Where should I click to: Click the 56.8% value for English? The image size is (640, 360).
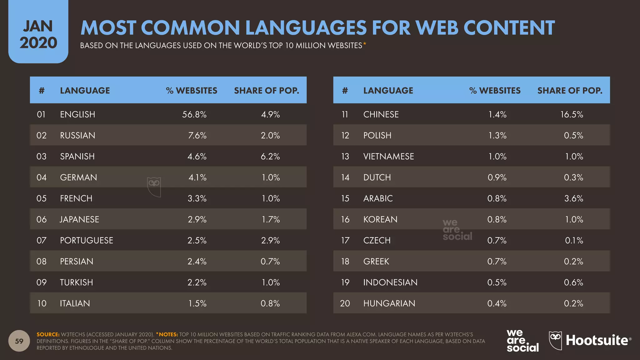(194, 114)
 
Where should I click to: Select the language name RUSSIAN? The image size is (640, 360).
(77, 135)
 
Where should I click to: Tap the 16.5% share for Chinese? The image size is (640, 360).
(572, 114)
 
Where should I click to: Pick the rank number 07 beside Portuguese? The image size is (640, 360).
(42, 240)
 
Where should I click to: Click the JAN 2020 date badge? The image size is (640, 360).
(38, 34)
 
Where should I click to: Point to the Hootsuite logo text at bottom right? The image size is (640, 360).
(597, 340)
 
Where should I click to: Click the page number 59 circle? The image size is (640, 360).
(19, 341)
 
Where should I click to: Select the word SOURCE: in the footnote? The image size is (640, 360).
(48, 334)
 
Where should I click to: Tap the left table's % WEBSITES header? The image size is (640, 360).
(192, 91)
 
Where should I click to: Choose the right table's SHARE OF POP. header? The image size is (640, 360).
(570, 91)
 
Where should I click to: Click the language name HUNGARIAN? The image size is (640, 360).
(389, 303)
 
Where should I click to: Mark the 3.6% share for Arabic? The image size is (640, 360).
(573, 198)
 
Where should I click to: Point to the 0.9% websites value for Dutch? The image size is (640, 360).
(497, 177)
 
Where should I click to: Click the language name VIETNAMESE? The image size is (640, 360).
(388, 156)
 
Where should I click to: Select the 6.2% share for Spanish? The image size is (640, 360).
(270, 156)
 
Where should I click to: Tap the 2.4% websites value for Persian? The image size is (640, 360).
(197, 261)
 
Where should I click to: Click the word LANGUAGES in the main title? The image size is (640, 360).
(306, 28)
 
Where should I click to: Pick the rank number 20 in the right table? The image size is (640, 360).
(345, 303)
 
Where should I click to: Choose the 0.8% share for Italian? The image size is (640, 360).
(270, 303)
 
